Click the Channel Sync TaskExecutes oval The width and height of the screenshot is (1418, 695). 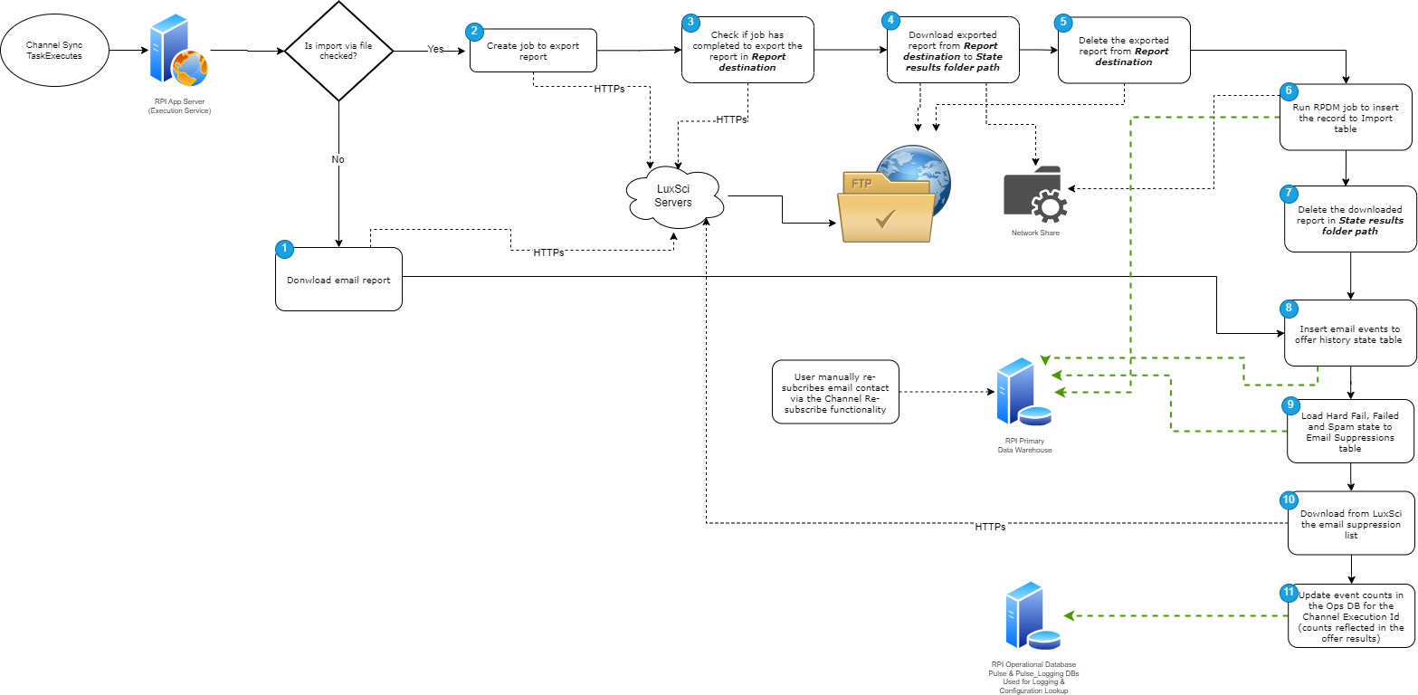pos(54,50)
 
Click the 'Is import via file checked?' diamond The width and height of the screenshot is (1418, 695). pos(338,51)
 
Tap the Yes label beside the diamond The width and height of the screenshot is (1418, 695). pos(435,50)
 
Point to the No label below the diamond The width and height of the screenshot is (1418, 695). pos(338,159)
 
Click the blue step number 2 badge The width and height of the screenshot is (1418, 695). pos(474,31)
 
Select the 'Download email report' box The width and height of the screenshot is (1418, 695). pos(338,280)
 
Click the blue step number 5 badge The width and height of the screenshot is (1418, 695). pos(1063,23)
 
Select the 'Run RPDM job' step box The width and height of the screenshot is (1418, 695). pos(1346,119)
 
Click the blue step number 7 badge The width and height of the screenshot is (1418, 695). pos(1290,193)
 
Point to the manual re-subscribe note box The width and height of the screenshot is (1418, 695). pos(835,393)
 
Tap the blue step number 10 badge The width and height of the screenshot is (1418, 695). pos(1289,500)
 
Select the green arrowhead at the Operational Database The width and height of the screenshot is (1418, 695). pos(1069,615)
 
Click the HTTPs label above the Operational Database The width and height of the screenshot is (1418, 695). pos(990,527)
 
